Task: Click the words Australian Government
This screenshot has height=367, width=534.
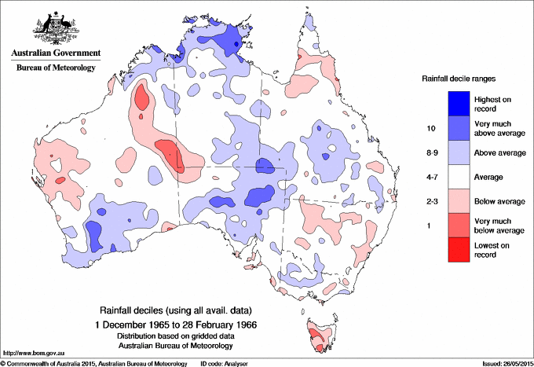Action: (55, 54)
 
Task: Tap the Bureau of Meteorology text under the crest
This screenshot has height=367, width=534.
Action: (55, 68)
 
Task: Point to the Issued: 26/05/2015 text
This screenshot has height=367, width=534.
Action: (502, 363)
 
